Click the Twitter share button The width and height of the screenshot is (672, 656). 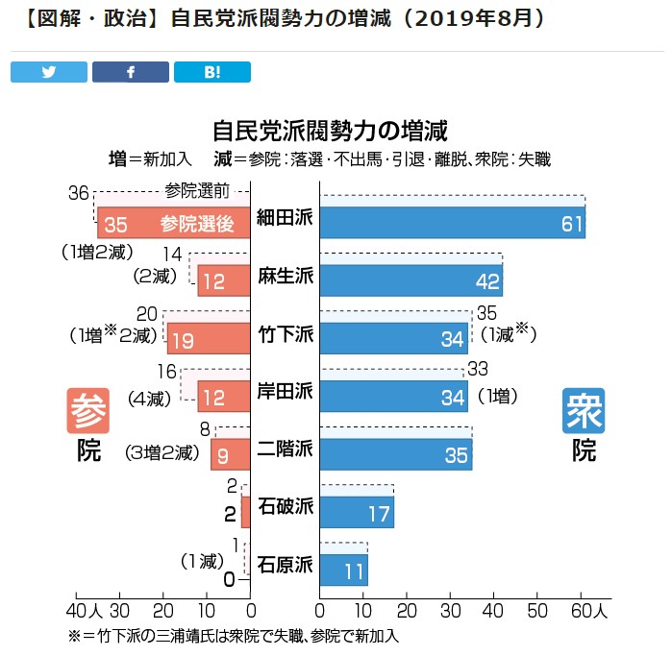coord(49,72)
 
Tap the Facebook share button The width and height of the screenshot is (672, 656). coord(130,72)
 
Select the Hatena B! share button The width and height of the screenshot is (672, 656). coord(212,72)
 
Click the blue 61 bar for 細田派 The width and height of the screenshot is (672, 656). coord(452,223)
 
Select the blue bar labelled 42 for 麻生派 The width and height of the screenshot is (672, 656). coord(411,279)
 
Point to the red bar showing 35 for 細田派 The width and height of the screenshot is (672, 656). coord(173,223)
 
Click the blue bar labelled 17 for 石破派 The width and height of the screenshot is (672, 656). coord(357,511)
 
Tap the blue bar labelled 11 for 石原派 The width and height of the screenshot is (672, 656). coord(343,570)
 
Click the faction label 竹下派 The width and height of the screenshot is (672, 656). coord(286,336)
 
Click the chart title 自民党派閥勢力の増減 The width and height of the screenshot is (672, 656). coord(331,130)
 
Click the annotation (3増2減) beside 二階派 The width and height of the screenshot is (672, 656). coord(163,452)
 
